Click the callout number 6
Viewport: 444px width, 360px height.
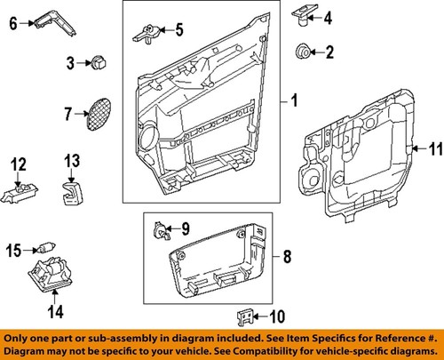[12, 25]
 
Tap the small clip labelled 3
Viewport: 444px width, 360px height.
[97, 62]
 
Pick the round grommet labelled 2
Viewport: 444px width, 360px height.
[302, 52]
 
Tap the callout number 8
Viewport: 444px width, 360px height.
[286, 259]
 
